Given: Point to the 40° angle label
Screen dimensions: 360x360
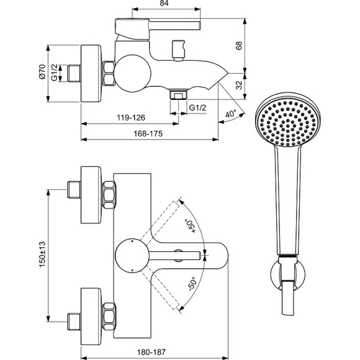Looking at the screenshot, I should pyautogui.click(x=231, y=114).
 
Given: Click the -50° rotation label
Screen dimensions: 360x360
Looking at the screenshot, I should pyautogui.click(x=191, y=285).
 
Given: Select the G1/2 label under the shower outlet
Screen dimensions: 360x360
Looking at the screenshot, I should pyautogui.click(x=197, y=107).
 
